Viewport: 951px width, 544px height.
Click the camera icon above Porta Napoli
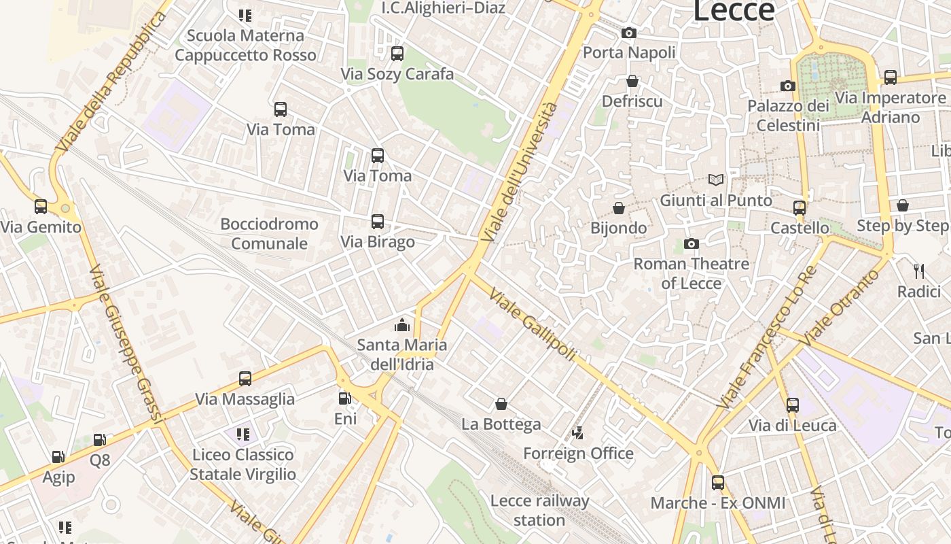coord(629,33)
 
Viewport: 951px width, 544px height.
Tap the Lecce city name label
coord(733,10)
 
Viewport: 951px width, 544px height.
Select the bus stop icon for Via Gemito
coord(41,207)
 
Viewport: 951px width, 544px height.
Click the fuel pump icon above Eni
coord(345,398)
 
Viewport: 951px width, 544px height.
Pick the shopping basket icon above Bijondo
coord(619,207)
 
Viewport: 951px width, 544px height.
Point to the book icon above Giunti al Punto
coord(716,180)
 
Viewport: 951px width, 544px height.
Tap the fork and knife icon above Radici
coord(919,271)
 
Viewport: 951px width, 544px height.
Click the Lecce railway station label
coord(539,511)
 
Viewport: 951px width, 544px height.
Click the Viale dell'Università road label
coord(520,173)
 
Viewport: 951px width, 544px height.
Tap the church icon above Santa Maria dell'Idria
coord(403,325)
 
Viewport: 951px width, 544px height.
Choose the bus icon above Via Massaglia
coord(245,379)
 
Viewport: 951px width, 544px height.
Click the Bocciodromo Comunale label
coord(270,233)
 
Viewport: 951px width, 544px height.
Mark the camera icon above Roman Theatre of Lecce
coord(692,243)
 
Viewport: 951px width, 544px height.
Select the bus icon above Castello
coord(800,207)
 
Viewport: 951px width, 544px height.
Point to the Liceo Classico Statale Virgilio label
coord(243,464)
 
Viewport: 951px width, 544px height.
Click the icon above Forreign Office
coord(578,432)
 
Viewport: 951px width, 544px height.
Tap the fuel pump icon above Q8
coord(100,440)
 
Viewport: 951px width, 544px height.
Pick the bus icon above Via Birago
coord(378,222)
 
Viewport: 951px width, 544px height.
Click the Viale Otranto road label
coord(840,307)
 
